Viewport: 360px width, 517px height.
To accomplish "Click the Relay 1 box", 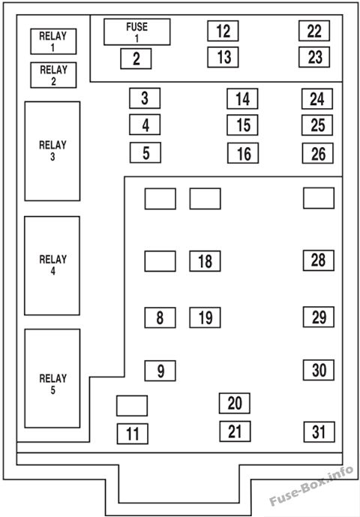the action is pyautogui.click(x=53, y=41).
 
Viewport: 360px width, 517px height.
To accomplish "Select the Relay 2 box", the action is pyautogui.click(x=53, y=75).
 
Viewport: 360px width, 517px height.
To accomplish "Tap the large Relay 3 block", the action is pyautogui.click(x=52, y=151).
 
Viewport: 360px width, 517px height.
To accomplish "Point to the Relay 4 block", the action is pyautogui.click(x=52, y=266).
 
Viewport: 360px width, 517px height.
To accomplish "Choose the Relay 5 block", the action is pyautogui.click(x=52, y=378).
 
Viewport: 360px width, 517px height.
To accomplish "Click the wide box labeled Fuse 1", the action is pyautogui.click(x=137, y=32).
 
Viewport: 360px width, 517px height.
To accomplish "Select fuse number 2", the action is pyautogui.click(x=136, y=59).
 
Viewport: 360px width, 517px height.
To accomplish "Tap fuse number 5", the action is pyautogui.click(x=145, y=152).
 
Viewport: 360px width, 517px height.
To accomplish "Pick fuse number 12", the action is pyautogui.click(x=223, y=31).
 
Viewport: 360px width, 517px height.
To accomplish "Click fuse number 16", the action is pyautogui.click(x=243, y=153).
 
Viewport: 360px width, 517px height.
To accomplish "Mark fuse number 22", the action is pyautogui.click(x=314, y=31).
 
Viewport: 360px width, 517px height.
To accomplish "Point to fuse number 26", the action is pyautogui.click(x=318, y=153).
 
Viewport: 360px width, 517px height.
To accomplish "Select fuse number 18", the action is pyautogui.click(x=205, y=261).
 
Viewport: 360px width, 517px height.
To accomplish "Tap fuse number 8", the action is pyautogui.click(x=160, y=317).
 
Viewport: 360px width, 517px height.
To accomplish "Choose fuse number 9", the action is pyautogui.click(x=160, y=371).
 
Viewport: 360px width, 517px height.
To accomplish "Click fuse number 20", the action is pyautogui.click(x=235, y=403).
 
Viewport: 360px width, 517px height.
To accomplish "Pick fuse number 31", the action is pyautogui.click(x=319, y=432).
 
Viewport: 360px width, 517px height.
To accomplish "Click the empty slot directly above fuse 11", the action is pyautogui.click(x=132, y=406).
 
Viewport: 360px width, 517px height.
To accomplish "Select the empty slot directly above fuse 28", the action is pyautogui.click(x=319, y=198).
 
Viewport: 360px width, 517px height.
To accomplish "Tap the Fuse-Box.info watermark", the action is pyautogui.click(x=311, y=485).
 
